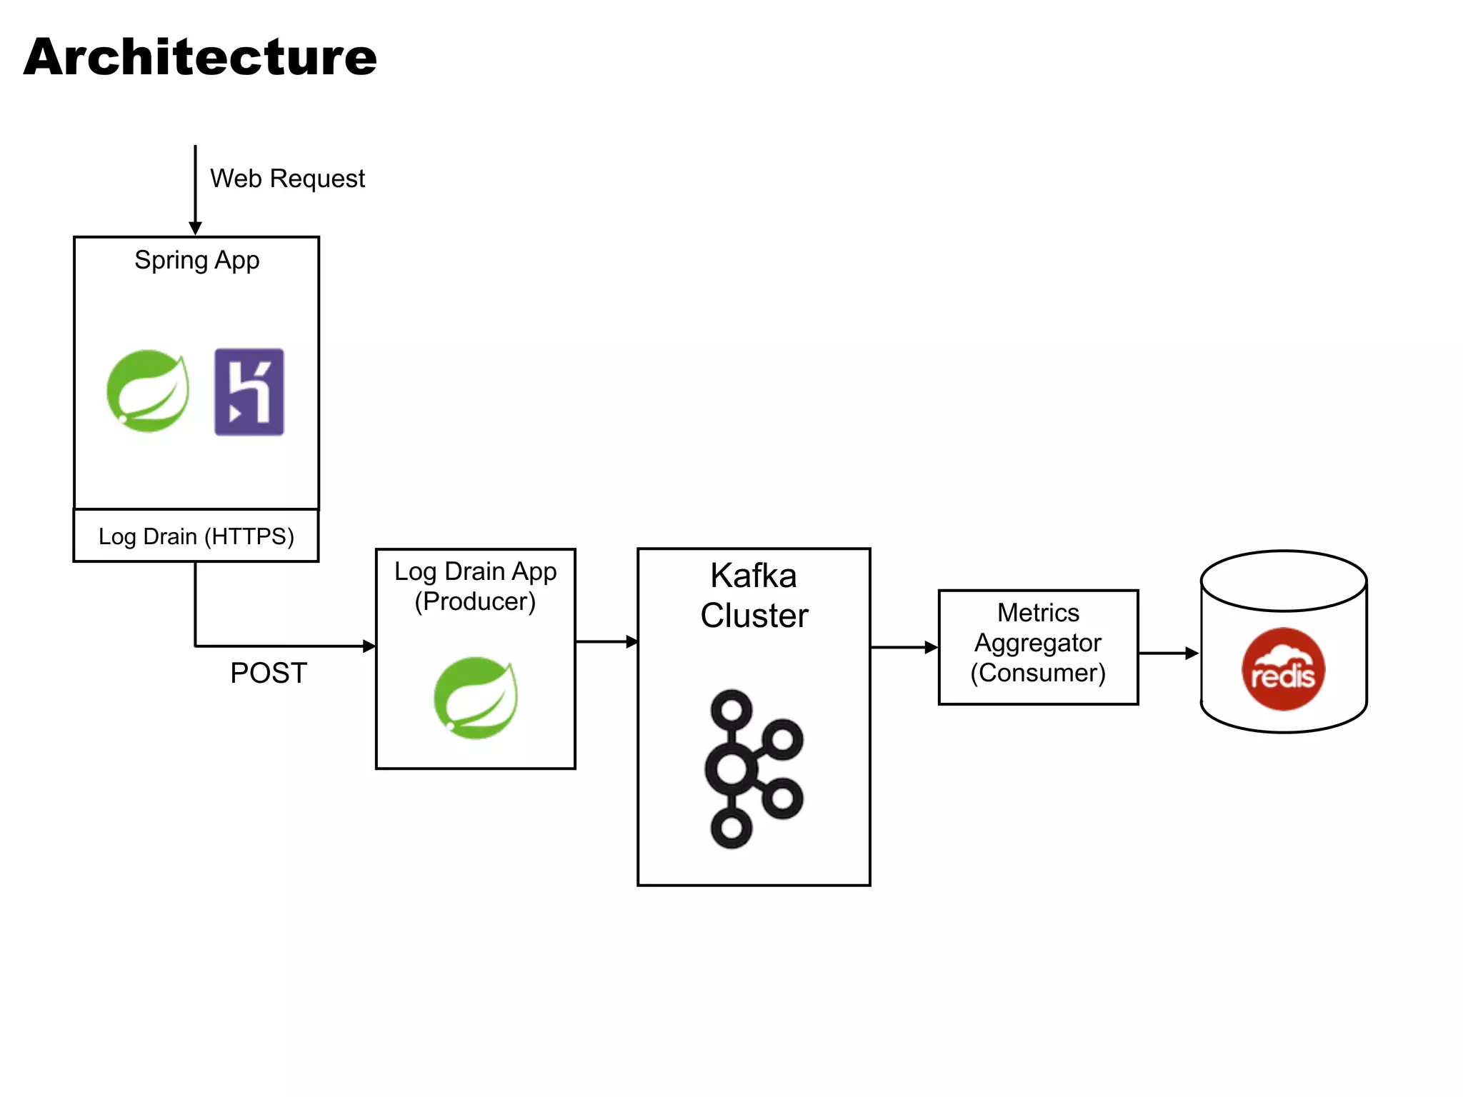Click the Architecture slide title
200,57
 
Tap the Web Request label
287,179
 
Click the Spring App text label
196,261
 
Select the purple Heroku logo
249,392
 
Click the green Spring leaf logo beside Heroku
148,391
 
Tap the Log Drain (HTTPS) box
196,536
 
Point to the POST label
269,673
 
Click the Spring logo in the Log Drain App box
476,698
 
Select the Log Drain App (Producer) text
476,586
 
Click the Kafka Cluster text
754,596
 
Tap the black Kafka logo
754,769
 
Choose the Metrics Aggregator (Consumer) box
1038,647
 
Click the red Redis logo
1284,669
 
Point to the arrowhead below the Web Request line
195,229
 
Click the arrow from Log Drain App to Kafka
606,641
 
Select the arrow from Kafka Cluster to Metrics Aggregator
904,648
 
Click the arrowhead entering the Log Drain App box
369,646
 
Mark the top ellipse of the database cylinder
1284,581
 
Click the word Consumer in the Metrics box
1038,673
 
